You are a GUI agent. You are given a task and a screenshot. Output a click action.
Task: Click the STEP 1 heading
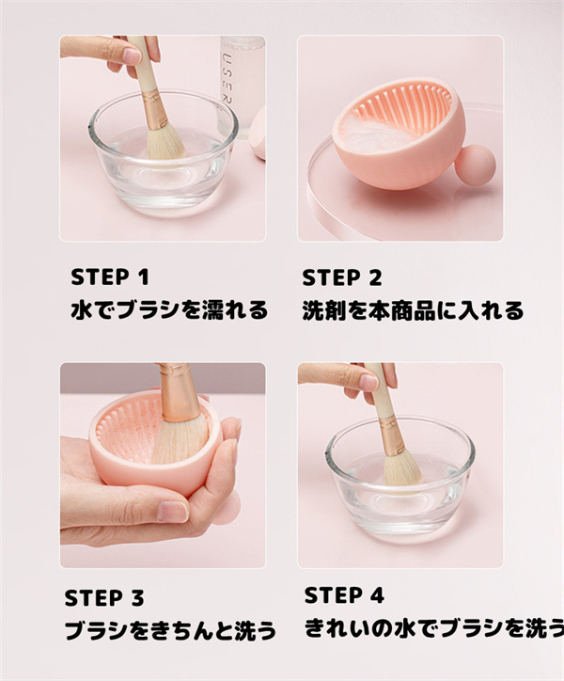(x=110, y=277)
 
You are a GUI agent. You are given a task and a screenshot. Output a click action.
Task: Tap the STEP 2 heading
(x=342, y=277)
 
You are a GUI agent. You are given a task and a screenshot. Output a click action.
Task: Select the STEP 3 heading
(x=104, y=598)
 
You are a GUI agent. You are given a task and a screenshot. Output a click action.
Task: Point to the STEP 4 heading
(x=344, y=595)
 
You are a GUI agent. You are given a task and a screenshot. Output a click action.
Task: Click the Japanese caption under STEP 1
(x=169, y=310)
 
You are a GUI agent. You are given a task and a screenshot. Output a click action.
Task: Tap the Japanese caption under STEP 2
(x=413, y=310)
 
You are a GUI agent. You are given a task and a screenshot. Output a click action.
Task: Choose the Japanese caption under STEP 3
(x=171, y=630)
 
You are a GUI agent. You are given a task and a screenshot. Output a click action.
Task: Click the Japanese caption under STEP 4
(x=434, y=628)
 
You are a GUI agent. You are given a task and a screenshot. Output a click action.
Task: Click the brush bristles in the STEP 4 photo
(x=402, y=468)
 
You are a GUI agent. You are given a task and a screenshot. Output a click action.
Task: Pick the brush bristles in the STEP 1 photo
(x=165, y=142)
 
